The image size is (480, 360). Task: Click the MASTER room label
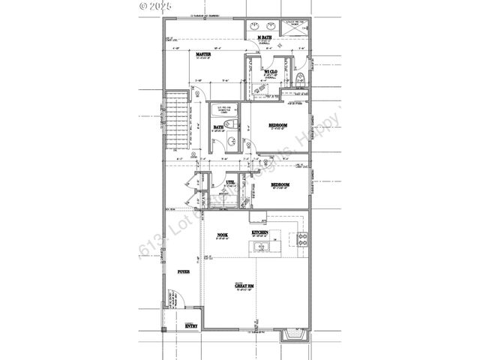coord(202,55)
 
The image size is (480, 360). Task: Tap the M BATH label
coord(264,37)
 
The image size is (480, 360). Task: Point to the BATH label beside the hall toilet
coord(218,127)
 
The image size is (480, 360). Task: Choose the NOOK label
coord(223,234)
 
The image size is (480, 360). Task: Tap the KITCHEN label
coord(260,233)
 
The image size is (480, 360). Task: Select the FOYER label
coord(183,271)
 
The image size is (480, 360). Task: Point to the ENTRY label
coord(191,325)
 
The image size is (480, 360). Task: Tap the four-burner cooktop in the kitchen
coord(303,240)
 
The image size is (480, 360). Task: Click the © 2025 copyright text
coord(156,6)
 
